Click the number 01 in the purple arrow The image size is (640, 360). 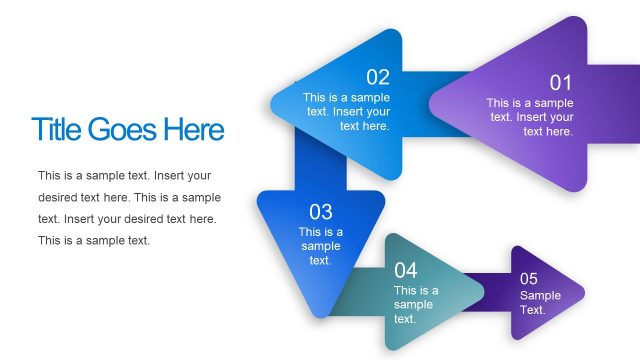point(560,83)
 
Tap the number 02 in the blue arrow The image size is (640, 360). point(378,77)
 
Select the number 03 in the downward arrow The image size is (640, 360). point(320,212)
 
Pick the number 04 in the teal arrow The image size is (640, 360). point(405,270)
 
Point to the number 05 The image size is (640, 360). point(529,278)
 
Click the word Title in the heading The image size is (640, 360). point(57,130)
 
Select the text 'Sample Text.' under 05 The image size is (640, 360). point(540,303)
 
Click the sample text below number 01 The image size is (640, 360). point(530,117)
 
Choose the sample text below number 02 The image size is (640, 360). point(347,112)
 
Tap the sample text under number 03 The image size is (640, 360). point(320,246)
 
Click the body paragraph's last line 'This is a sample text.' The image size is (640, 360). point(94,240)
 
